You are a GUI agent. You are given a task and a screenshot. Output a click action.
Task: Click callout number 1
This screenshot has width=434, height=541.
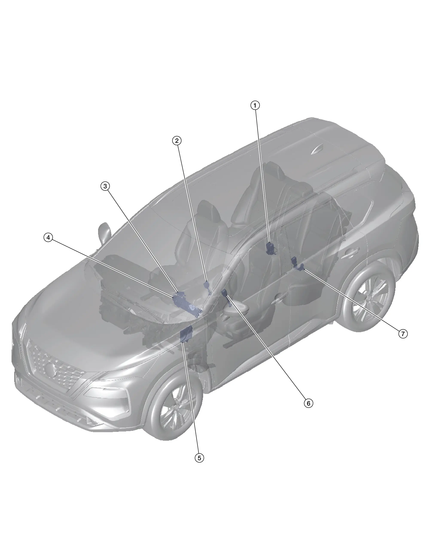point(255,105)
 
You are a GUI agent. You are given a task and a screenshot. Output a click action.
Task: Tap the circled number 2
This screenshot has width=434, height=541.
point(177,141)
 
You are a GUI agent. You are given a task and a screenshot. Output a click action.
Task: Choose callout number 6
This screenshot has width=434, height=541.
point(308,403)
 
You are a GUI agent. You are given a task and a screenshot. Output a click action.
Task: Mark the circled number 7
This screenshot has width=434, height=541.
point(403,334)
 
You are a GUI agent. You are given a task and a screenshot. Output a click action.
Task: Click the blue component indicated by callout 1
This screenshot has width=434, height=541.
point(271,248)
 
